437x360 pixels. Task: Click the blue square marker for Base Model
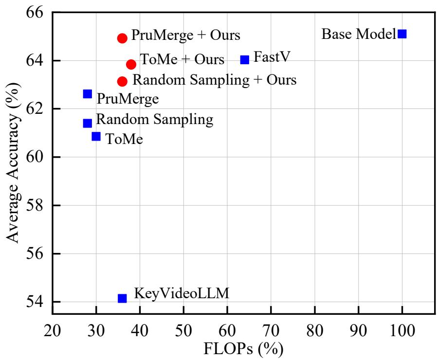(x=402, y=34)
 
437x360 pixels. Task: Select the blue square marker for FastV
(x=245, y=59)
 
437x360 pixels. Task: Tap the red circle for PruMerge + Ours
(x=122, y=38)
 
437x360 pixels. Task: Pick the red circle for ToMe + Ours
(x=131, y=64)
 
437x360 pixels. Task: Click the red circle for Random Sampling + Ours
(x=122, y=81)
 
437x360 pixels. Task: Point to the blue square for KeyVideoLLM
(x=122, y=298)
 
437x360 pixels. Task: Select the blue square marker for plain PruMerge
(x=88, y=93)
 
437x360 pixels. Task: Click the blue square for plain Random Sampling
(x=88, y=123)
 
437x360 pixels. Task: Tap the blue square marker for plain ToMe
(x=96, y=136)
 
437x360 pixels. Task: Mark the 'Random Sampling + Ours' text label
(x=215, y=79)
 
